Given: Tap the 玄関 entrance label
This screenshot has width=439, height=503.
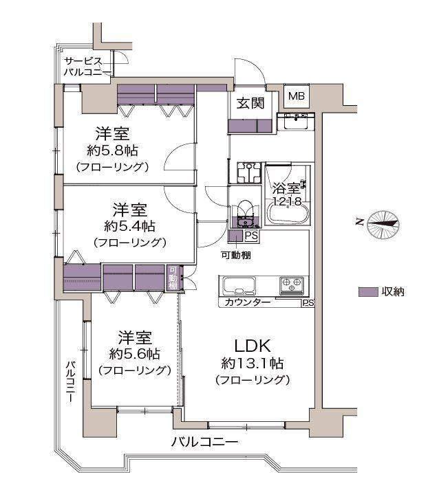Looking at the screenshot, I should point(250,104).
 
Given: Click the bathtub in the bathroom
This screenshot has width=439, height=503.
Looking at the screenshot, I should point(288,213).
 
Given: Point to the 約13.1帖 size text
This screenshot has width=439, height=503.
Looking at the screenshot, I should point(253,363).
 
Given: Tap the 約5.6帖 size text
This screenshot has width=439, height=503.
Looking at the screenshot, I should point(134,354).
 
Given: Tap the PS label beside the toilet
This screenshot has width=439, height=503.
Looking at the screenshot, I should point(252,236).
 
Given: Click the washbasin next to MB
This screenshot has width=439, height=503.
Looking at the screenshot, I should point(297,122).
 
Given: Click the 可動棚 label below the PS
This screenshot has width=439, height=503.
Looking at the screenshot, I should point(236,255).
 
